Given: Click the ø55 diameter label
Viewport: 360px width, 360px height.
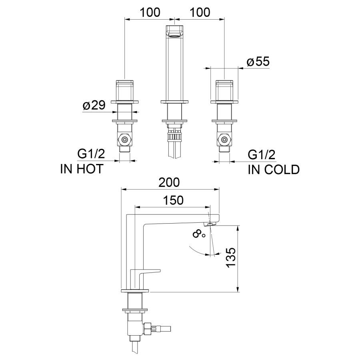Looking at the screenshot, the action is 258,62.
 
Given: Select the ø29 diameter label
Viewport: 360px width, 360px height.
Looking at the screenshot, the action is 94,105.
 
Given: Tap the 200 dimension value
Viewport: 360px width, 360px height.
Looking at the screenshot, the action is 170,182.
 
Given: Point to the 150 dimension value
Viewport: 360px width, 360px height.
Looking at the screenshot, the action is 173,200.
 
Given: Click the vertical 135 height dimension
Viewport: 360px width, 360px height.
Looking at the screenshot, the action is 231,258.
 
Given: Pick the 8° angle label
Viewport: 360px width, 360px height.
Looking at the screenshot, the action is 199,235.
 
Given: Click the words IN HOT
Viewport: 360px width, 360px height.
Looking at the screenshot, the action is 82,169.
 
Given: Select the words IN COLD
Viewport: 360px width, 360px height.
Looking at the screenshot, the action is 274,170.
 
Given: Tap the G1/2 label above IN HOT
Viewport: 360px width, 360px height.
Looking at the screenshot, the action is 91,154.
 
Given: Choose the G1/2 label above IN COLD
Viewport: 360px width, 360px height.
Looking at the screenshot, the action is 262,155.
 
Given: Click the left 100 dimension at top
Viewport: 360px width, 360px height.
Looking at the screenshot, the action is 150,12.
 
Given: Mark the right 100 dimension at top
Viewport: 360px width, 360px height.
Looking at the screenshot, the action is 200,12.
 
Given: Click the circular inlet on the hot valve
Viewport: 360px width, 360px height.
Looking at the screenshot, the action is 125,139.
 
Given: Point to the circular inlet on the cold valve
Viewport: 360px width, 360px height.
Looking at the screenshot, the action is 224,139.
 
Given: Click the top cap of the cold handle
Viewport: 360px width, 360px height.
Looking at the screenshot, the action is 224,82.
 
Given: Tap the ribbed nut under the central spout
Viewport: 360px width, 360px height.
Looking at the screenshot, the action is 175,137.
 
